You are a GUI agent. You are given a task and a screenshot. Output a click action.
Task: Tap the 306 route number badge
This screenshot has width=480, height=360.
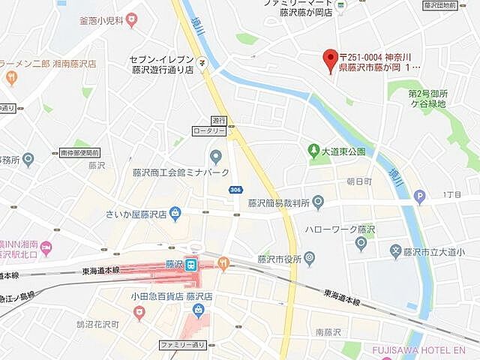click(x=235, y=190)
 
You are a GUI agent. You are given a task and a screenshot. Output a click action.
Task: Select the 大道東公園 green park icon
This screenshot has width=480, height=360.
click(x=314, y=151)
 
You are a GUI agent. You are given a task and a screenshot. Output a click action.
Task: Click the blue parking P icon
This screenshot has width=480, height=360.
click(x=419, y=198)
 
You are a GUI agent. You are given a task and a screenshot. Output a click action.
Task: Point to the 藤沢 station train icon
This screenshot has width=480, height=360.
click(x=191, y=264)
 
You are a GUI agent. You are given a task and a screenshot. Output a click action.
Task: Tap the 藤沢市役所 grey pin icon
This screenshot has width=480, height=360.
click(x=310, y=259)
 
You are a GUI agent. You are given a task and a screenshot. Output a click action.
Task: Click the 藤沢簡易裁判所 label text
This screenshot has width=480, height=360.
click(x=280, y=203)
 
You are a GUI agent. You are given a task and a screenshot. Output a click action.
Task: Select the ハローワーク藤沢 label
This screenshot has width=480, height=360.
click(x=340, y=229)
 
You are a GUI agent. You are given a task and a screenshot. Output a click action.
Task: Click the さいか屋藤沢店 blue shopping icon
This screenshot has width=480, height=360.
click(x=175, y=214)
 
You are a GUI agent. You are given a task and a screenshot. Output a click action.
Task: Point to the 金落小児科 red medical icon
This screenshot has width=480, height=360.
click(x=132, y=20)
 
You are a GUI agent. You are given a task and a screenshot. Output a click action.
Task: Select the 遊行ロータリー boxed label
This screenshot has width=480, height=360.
click(x=219, y=125)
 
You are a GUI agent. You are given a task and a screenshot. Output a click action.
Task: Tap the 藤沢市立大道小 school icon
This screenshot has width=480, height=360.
click(x=395, y=250)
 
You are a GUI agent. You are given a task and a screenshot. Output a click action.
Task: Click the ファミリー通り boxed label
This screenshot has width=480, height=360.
click(x=182, y=345)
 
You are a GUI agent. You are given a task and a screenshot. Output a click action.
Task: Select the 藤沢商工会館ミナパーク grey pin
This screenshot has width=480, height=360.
click(x=216, y=157)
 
